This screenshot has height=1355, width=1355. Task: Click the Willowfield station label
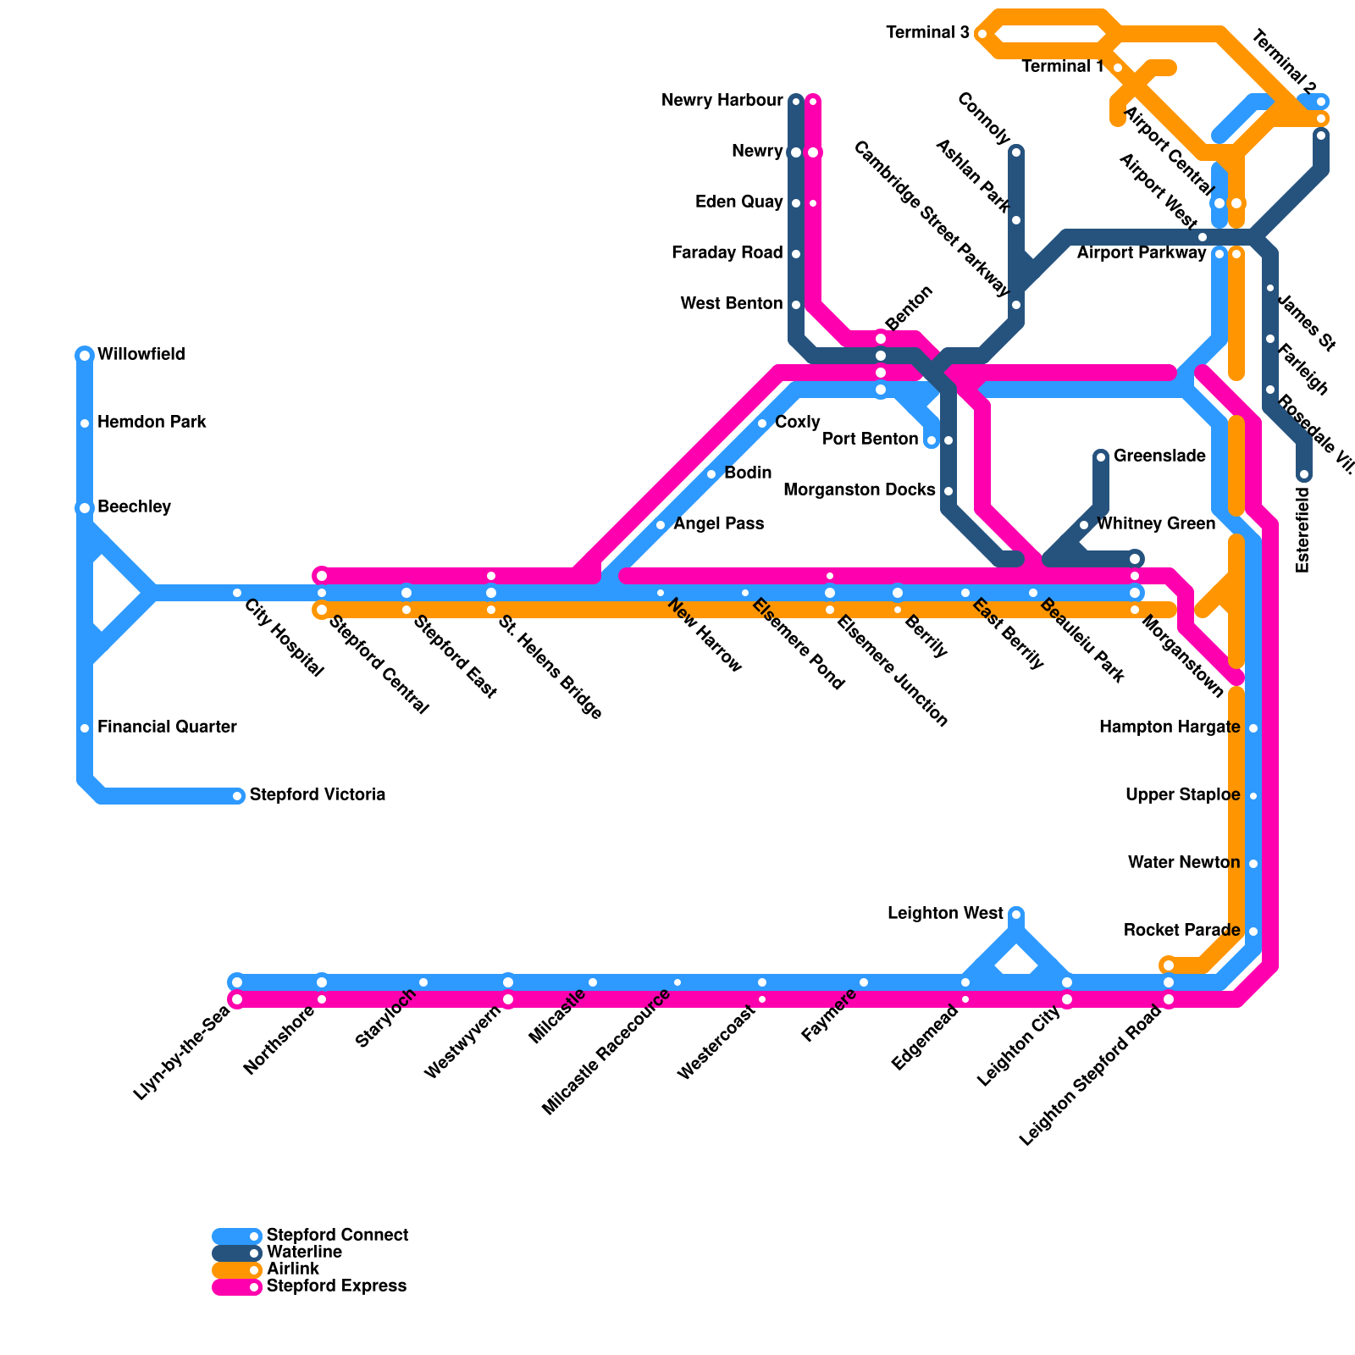pos(141,355)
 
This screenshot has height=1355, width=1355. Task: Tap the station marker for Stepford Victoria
pos(237,795)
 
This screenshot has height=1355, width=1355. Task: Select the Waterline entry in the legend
pos(304,1253)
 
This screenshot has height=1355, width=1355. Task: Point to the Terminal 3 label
pos(927,33)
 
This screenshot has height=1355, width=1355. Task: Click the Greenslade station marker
pos(1101,457)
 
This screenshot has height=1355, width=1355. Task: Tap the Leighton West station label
pos(945,914)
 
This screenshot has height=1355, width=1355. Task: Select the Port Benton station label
pos(871,440)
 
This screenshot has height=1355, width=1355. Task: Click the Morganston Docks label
pos(860,490)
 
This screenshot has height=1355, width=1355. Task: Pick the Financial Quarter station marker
pos(85,728)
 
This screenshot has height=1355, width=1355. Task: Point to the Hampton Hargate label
pos(1169,727)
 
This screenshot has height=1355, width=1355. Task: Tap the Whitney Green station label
pos(1155,524)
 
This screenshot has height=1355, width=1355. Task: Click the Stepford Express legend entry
pos(336,1286)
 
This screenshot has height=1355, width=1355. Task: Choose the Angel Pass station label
pos(718,524)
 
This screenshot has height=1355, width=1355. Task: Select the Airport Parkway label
pos(1142,253)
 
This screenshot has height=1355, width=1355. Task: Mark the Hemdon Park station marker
pos(85,423)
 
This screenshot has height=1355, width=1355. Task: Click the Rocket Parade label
pos(1181,931)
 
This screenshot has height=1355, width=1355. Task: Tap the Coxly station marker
pos(762,423)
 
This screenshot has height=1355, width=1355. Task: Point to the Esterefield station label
pos(1302,529)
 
